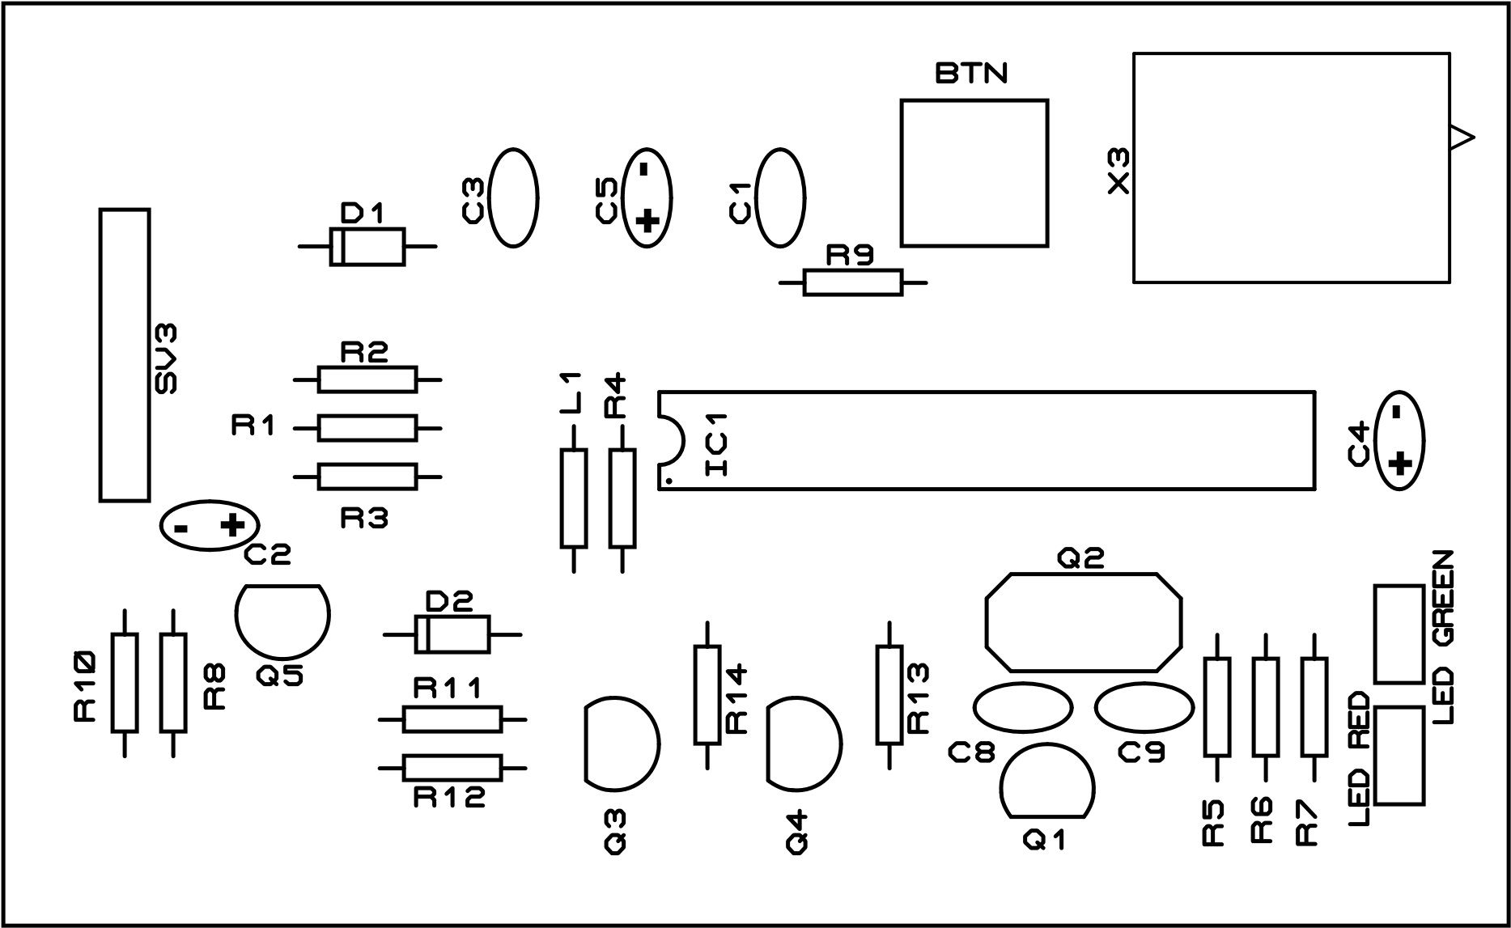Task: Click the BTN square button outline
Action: click(x=974, y=173)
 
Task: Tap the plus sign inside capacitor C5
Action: click(x=645, y=221)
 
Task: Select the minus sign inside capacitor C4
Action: click(x=1396, y=412)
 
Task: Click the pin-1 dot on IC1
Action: click(x=669, y=481)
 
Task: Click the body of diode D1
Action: click(x=367, y=246)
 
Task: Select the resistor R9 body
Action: click(x=851, y=282)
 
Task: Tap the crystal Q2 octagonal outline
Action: click(x=1083, y=622)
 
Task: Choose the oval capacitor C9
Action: click(x=1144, y=707)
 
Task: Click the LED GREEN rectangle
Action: click(x=1399, y=633)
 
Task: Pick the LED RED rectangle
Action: click(x=1399, y=756)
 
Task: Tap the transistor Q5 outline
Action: click(x=282, y=619)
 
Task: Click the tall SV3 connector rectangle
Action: click(x=125, y=355)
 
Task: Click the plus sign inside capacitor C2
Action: click(x=232, y=527)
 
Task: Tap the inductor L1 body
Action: click(x=573, y=499)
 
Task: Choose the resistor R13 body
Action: click(x=889, y=695)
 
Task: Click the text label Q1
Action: click(x=1045, y=841)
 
